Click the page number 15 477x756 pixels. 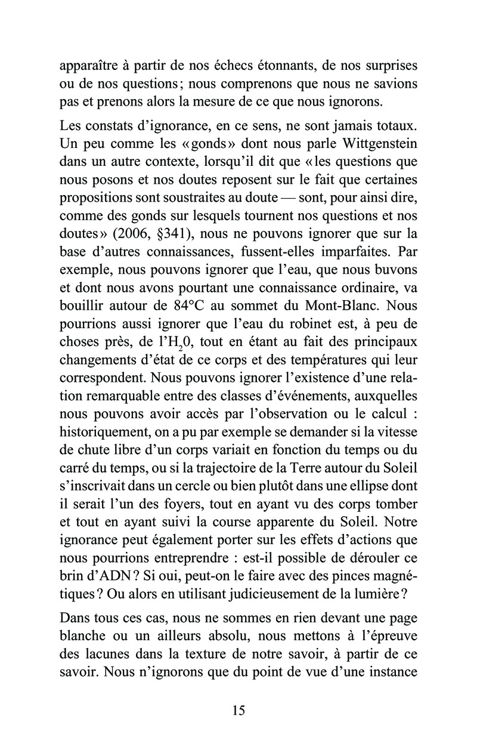click(x=238, y=710)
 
